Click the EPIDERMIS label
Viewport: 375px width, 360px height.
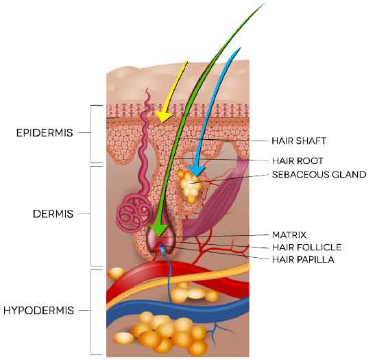coord(45,132)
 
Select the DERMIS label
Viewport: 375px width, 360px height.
coord(53,214)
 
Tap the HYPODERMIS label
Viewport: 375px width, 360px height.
coord(39,310)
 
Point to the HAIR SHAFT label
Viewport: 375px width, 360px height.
coord(299,141)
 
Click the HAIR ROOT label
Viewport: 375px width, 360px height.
coord(298,160)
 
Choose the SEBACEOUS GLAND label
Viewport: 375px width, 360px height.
coord(319,174)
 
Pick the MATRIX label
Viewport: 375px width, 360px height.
coord(289,235)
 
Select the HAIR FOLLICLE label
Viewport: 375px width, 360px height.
coord(307,247)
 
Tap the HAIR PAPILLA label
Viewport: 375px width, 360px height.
coord(303,259)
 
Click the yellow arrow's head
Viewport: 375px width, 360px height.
coord(163,117)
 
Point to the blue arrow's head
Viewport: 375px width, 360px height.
coord(197,171)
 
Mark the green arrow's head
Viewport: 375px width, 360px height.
coord(159,230)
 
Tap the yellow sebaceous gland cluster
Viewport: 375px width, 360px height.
coord(190,186)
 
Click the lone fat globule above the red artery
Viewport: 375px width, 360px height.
coord(117,273)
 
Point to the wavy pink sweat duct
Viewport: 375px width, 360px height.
coord(145,143)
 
